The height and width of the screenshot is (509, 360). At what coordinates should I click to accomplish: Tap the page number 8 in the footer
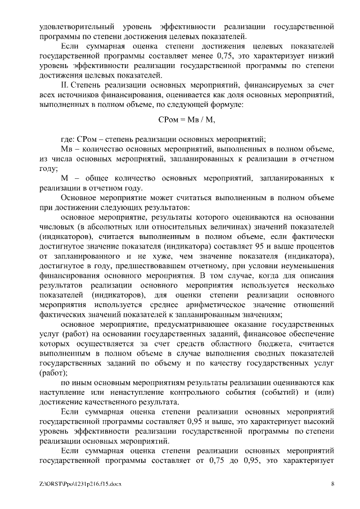332,483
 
